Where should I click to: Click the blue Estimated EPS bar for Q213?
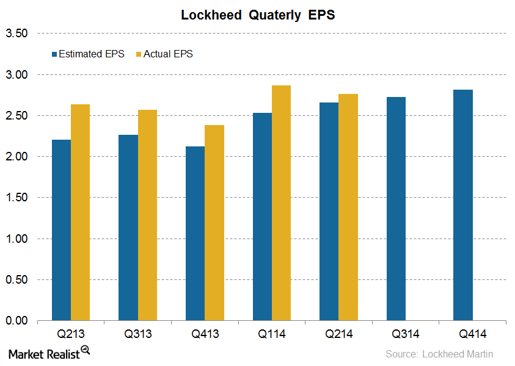(61, 230)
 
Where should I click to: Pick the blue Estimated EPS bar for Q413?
(195, 233)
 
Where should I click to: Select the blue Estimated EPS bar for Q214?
(329, 211)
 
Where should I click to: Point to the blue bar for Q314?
(396, 209)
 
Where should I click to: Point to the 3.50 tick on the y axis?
(16, 34)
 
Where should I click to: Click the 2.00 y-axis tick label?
(16, 157)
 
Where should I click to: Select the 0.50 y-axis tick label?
(16, 280)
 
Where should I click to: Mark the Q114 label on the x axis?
(271, 334)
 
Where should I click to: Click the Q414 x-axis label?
(472, 334)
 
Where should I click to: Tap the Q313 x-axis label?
(137, 334)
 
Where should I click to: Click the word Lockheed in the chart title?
(211, 15)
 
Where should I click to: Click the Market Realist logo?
(48, 353)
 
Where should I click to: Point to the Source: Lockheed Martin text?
(439, 354)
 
